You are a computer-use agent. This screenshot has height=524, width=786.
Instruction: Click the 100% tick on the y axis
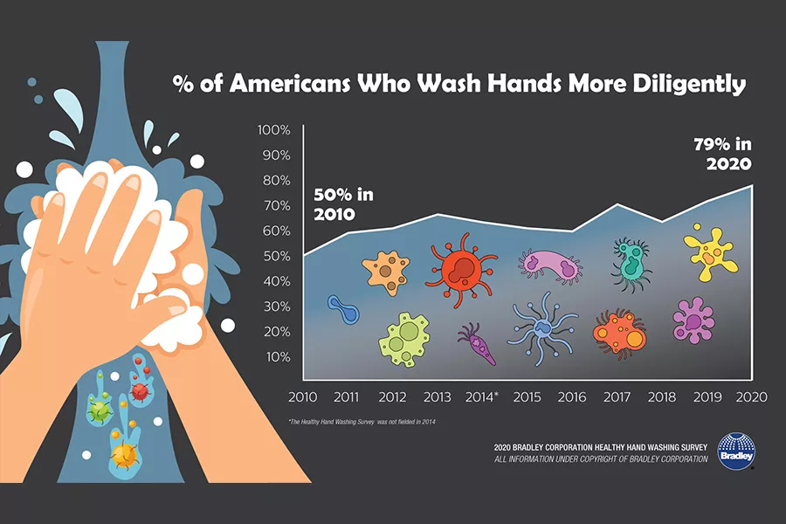273,130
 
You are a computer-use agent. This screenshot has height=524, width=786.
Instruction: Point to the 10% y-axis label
276,356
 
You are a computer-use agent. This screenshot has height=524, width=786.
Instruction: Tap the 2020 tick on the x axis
751,396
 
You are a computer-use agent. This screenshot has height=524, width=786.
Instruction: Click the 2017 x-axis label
617,396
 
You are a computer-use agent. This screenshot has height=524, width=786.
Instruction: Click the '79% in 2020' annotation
724,154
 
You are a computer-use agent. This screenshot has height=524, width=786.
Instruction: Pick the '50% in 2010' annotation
342,203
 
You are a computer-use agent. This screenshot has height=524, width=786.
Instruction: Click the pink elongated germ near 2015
549,264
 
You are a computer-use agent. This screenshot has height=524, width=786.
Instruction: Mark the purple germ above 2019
694,320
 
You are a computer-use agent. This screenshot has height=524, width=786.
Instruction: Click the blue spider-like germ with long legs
541,329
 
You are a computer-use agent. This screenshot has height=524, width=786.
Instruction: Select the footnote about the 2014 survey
362,422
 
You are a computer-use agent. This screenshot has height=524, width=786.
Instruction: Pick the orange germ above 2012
386,270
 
